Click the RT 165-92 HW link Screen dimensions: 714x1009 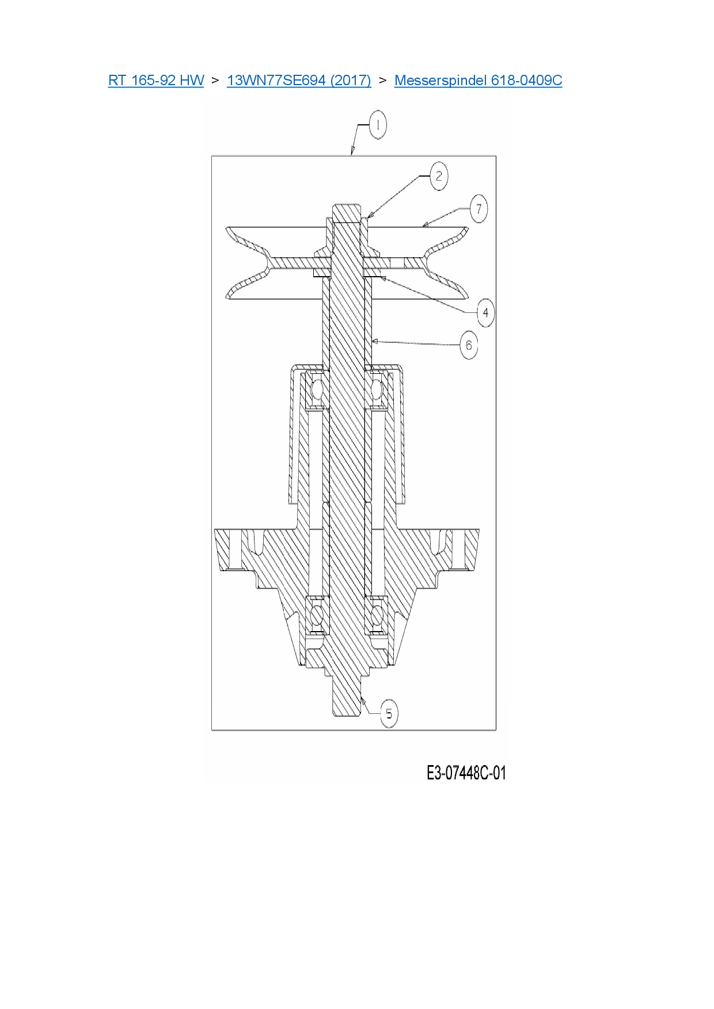(156, 80)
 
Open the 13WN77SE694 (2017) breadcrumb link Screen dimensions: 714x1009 (299, 80)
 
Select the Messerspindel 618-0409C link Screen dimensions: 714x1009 (478, 80)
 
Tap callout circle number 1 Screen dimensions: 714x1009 (378, 125)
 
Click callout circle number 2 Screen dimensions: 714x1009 (439, 176)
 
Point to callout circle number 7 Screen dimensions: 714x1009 (478, 209)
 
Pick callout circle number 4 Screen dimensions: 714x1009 (485, 312)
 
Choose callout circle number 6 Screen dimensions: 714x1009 (469, 345)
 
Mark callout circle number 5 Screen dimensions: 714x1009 (389, 713)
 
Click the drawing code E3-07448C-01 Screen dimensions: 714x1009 (466, 773)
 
